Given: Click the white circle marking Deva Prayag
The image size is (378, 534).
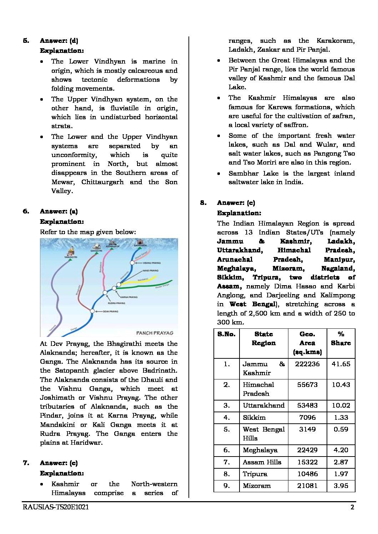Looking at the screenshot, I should click(92, 311).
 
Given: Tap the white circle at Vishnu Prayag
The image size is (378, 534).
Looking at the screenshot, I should click(132, 262).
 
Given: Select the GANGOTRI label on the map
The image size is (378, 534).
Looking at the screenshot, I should click(96, 251).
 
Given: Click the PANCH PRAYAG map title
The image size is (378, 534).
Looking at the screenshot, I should click(155, 333).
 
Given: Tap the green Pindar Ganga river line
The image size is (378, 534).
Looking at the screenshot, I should click(150, 286).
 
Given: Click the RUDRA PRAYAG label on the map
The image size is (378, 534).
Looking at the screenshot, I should click(116, 303).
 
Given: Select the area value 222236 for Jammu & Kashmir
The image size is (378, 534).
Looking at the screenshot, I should click(307, 364).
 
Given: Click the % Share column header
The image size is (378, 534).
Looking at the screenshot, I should click(341, 338).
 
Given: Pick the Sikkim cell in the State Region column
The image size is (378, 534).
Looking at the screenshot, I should click(254, 417).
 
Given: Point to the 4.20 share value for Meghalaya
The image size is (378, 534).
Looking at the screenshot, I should click(341, 450).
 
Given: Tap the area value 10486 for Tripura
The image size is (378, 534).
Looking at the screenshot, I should click(307, 474).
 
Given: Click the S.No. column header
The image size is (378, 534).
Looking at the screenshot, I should click(226, 334).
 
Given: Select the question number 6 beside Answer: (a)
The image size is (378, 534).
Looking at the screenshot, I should click(26, 211).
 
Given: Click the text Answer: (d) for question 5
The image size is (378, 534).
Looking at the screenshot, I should click(59, 41).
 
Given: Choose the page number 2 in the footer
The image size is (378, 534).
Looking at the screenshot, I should click(352, 507).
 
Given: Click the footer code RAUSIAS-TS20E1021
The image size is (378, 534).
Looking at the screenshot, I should click(56, 507).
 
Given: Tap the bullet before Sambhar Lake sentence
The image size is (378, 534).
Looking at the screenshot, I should click(218, 173).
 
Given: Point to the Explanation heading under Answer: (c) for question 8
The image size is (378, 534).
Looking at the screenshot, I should click(239, 213).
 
